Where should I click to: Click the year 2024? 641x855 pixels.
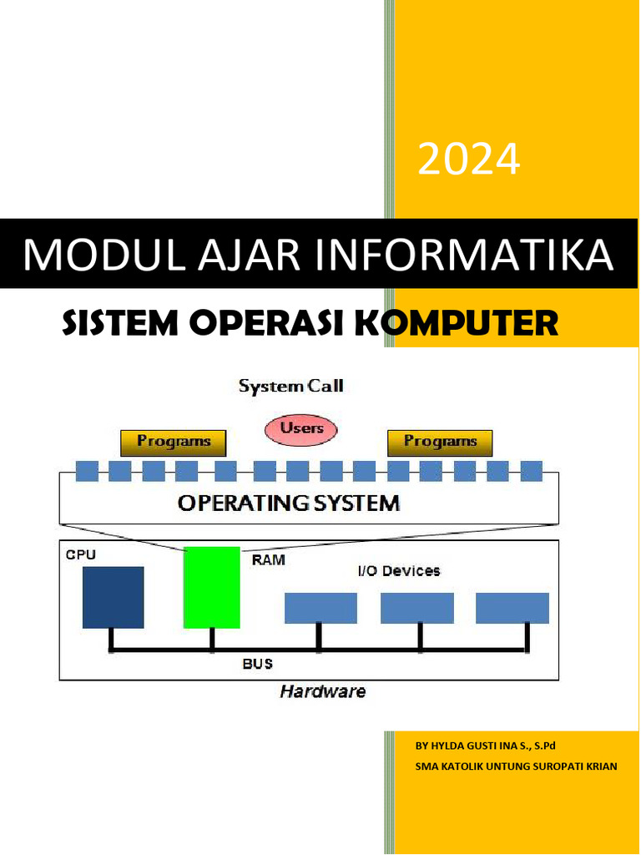pos(468,159)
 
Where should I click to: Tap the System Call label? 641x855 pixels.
pos(290,387)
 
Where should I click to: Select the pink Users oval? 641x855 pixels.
pos(300,429)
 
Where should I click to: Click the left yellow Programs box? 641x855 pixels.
pos(174,442)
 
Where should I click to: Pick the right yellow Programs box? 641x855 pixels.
pos(440,442)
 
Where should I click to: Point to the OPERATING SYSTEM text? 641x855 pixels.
pos(289,503)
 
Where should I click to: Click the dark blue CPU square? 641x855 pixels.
pos(113,597)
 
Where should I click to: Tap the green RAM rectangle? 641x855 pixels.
pos(211,587)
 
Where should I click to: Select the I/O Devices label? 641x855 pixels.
pos(398,571)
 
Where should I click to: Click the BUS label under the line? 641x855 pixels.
pos(257,665)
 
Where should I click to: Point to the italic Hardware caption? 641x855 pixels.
pos(322,692)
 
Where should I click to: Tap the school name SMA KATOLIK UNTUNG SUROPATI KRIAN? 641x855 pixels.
pos(516,766)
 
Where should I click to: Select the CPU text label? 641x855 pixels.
pos(75,554)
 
